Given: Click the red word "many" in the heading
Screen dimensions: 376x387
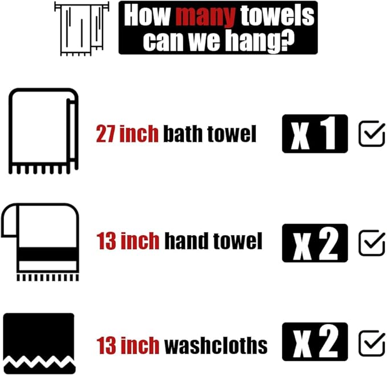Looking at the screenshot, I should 203,17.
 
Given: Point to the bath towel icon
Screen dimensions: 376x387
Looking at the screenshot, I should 43,131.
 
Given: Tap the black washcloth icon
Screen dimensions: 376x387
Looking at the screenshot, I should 39,342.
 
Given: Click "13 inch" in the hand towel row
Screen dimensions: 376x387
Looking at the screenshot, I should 128,241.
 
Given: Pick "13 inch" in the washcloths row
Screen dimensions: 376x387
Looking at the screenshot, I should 128,345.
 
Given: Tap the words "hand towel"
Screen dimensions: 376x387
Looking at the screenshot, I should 213,241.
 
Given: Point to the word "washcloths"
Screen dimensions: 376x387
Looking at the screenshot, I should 215,345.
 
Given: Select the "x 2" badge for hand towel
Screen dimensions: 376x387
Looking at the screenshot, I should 314,243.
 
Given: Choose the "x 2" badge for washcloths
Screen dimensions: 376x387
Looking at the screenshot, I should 314,342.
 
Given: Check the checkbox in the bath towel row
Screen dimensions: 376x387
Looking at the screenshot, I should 372,134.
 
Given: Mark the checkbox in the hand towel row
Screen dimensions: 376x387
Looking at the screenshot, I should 372,243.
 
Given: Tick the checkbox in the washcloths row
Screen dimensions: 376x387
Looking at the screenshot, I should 372,343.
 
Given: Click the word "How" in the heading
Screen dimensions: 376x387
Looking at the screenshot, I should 147,17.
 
